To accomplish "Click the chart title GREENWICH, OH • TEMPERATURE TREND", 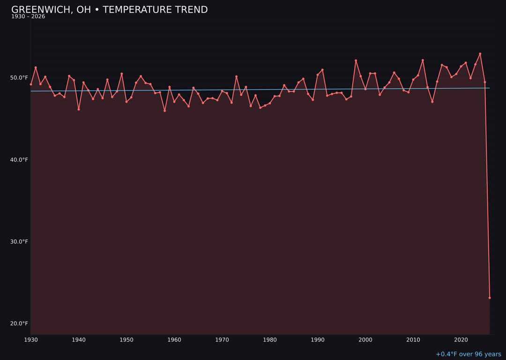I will pyautogui.click(x=109, y=10).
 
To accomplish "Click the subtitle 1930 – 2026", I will pyautogui.click(x=28, y=17).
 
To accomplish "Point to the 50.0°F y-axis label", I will pyautogui.click(x=19, y=78).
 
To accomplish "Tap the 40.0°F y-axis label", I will pyautogui.click(x=19, y=160).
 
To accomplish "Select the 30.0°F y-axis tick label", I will pyautogui.click(x=19, y=242).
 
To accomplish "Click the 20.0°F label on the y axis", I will pyautogui.click(x=19, y=323).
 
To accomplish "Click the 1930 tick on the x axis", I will pyautogui.click(x=31, y=340).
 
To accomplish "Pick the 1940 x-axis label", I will pyautogui.click(x=79, y=340).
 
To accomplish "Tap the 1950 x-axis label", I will pyautogui.click(x=126, y=340).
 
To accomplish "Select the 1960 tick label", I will pyautogui.click(x=174, y=340).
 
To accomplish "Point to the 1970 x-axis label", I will pyautogui.click(x=222, y=340).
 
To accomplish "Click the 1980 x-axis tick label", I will pyautogui.click(x=270, y=340).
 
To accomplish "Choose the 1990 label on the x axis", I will pyautogui.click(x=318, y=340).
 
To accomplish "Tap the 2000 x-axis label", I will pyautogui.click(x=365, y=340).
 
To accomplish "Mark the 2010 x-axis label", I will pyautogui.click(x=413, y=340).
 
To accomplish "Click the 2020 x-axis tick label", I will pyautogui.click(x=461, y=340).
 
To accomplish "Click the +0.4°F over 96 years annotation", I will pyautogui.click(x=468, y=354).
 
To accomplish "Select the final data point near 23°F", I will pyautogui.click(x=490, y=298).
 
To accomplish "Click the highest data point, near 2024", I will pyautogui.click(x=480, y=54).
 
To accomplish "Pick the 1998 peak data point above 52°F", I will pyautogui.click(x=356, y=60).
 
